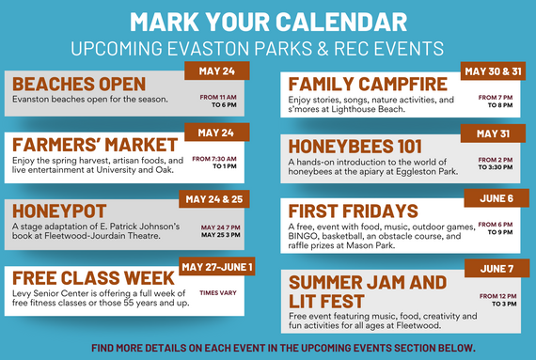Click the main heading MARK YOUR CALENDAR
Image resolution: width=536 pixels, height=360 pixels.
coord(267,21)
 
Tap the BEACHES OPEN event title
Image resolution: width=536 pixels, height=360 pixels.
coord(79,84)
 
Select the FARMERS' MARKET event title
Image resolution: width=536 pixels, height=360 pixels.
coord(95,144)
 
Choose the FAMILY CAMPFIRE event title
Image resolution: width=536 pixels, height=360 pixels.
coord(368,84)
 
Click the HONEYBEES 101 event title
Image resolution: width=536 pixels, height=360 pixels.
coord(363,147)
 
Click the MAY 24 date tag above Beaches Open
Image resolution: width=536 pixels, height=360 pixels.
coord(216,70)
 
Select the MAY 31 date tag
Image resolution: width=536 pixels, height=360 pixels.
coord(494,133)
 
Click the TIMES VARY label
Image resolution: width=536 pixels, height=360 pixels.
coord(218,293)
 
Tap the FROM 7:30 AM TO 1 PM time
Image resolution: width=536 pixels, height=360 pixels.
coord(214,163)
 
